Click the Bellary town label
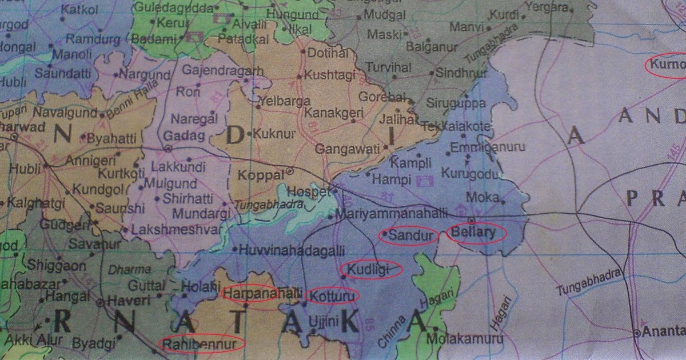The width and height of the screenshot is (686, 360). tap(474, 233)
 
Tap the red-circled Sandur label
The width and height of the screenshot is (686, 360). tap(409, 235)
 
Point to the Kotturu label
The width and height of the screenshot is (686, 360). tap(333, 295)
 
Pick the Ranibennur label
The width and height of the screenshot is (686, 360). tap(201, 343)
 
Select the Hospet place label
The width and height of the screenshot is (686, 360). tap(309, 191)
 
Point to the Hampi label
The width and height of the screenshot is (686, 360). tap(392, 179)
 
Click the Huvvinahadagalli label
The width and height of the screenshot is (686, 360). tap(292, 250)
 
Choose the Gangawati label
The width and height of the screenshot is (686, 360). tap(348, 150)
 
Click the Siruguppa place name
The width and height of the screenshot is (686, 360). tap(457, 104)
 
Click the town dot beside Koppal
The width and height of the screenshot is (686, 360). tap(290, 170)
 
